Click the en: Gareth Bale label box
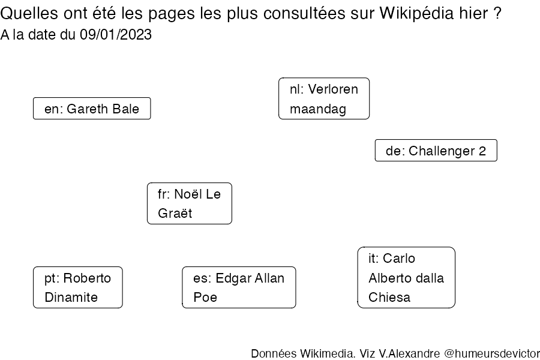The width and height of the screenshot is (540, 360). point(92,109)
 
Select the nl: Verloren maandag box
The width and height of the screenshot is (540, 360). point(324,99)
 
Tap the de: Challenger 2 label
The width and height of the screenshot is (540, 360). point(436,151)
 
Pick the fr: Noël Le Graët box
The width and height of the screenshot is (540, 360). point(190,203)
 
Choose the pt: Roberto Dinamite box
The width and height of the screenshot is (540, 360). point(78,287)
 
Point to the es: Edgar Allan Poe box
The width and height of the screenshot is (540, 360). point(239,287)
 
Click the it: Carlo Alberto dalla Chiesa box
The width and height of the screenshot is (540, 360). point(406,278)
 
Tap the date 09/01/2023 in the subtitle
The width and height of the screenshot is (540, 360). point(116,35)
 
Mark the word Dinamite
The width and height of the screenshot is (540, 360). point(71,298)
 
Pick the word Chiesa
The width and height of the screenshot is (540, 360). point(389,298)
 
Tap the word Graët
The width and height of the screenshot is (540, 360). point(175,214)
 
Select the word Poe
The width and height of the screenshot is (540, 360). point(205,298)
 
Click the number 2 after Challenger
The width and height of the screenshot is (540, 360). point(482,151)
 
